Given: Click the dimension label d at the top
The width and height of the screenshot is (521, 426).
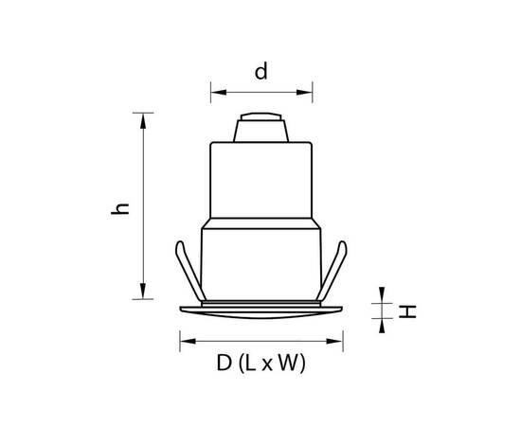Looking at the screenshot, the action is (x=260, y=72).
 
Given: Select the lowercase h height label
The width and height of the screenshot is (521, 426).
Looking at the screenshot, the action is (x=120, y=208).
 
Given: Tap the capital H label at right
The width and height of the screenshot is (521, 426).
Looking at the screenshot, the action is (x=407, y=312).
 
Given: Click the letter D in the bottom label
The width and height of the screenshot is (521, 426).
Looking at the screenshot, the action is (x=224, y=363).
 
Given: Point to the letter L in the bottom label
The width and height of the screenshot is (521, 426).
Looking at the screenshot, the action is (x=250, y=363).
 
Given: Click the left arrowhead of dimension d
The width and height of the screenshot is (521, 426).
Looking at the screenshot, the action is (x=219, y=92).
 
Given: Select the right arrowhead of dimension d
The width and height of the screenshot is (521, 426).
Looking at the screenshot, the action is (x=304, y=92).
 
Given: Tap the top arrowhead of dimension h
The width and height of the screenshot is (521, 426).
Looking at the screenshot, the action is (x=143, y=121).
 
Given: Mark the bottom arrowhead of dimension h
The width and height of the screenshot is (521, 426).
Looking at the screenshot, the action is (x=143, y=291).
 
